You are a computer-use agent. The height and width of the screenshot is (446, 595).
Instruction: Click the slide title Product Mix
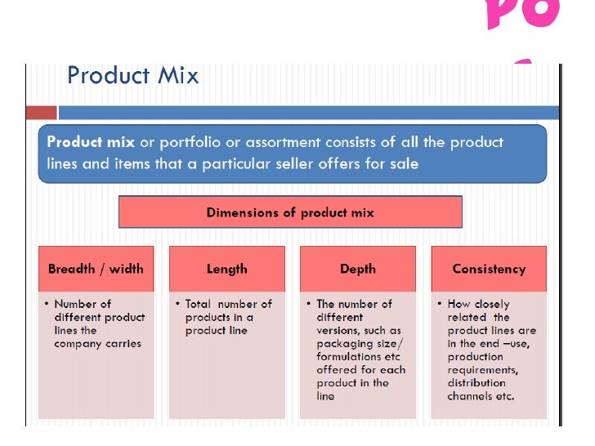(132, 76)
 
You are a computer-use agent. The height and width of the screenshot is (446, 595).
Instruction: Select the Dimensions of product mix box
(290, 212)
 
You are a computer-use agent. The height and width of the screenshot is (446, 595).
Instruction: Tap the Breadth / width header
(96, 269)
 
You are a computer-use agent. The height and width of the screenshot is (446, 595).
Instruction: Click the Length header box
(227, 269)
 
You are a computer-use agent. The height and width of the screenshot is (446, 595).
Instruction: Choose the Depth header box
(358, 269)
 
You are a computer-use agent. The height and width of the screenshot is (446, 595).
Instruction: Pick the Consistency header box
(489, 269)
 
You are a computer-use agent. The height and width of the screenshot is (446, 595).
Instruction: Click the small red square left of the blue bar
(41, 113)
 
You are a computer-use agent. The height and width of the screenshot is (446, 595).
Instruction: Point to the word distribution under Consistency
(476, 383)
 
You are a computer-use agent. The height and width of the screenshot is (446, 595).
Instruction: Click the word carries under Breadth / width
(122, 344)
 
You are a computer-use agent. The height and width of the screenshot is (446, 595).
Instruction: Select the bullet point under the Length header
(177, 304)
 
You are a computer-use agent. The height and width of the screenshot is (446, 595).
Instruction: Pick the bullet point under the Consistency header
(440, 304)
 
